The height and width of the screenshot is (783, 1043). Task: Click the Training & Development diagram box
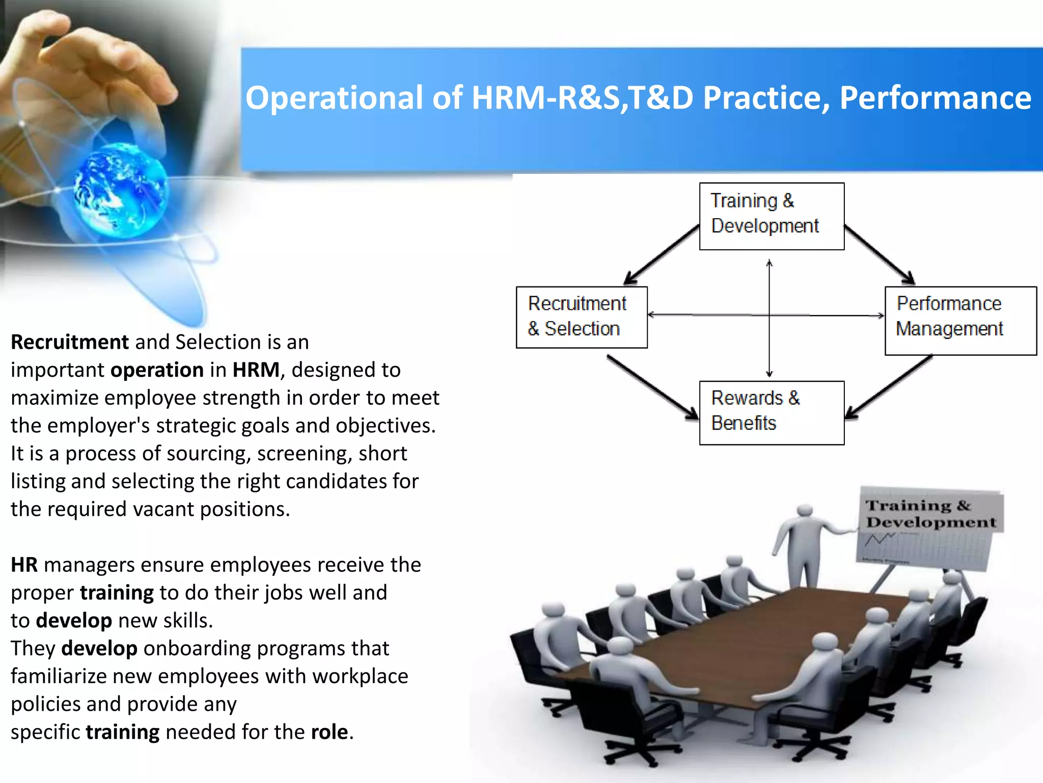(x=771, y=216)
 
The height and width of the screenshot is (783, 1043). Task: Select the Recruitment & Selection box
(x=581, y=317)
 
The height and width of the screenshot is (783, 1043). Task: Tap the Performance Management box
(x=960, y=320)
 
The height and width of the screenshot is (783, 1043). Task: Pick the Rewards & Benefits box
(x=771, y=412)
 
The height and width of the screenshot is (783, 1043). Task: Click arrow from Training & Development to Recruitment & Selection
(x=662, y=254)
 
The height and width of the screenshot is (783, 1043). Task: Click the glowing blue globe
(x=121, y=192)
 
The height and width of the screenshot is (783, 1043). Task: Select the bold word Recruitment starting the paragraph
(x=70, y=342)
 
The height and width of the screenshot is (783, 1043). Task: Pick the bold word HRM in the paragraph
(x=256, y=370)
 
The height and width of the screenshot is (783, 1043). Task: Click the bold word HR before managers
(x=24, y=565)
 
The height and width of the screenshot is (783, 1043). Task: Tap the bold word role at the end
(x=330, y=732)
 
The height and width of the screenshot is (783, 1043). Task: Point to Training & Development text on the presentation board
(x=930, y=514)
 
